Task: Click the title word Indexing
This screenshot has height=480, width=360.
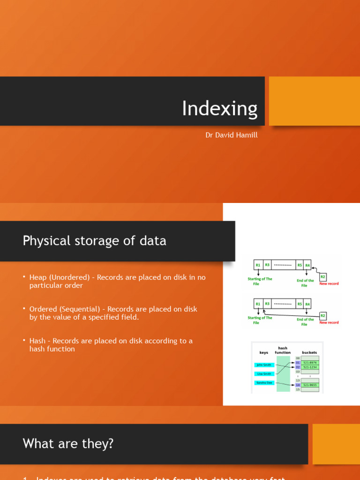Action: coord(219,109)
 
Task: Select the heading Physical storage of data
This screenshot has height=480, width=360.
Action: coord(94,241)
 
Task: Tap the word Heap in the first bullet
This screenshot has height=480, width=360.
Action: coord(38,277)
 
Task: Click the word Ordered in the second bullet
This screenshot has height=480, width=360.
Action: coord(44,309)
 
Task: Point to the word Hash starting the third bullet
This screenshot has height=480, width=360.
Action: coord(37,341)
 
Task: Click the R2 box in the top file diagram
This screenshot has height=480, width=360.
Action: coord(322,277)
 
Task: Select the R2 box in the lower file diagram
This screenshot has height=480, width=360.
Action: coord(322,315)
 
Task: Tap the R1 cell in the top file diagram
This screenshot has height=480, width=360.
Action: coord(258,265)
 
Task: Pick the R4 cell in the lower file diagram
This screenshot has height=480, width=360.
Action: coord(307,304)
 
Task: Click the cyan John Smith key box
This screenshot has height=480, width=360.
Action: coord(264,365)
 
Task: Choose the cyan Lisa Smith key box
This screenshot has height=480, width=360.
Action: coord(263,374)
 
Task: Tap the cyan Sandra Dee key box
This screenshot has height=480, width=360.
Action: coord(264,383)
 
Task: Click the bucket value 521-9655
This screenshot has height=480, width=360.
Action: coord(309,385)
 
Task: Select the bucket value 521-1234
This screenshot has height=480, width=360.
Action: coord(309,367)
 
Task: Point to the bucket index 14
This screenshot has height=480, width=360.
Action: coord(298,385)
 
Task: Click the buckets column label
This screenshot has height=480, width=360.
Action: coord(309,352)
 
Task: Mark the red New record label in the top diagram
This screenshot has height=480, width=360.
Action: coord(329,284)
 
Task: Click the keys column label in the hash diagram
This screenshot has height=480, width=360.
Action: coord(264,352)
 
